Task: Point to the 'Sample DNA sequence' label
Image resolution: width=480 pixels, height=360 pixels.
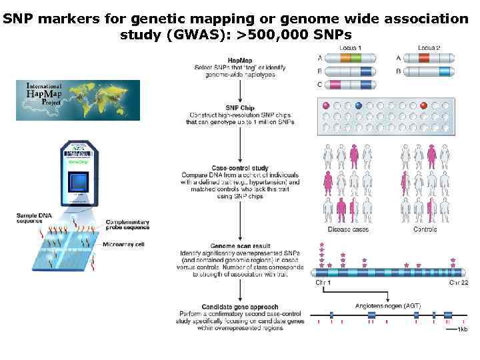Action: [x=34, y=217]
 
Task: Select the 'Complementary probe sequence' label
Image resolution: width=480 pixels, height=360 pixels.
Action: [x=127, y=225]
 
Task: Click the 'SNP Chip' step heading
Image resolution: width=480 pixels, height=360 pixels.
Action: [x=239, y=109]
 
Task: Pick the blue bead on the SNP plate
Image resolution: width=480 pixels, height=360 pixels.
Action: [x=359, y=105]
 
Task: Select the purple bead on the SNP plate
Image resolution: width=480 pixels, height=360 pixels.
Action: [x=326, y=105]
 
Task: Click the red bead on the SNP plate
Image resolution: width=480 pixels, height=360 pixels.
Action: [x=423, y=105]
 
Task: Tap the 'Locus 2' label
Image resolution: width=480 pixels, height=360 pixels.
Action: [x=429, y=48]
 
